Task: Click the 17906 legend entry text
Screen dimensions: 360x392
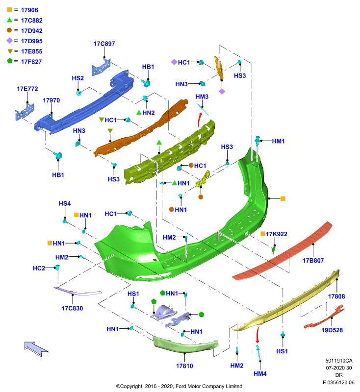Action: click(29, 10)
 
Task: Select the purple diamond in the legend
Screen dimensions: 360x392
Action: click(9, 41)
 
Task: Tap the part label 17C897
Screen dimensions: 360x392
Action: click(104, 44)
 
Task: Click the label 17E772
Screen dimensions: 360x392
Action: click(27, 89)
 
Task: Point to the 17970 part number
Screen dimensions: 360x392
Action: click(51, 100)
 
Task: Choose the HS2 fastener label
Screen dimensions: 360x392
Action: click(78, 78)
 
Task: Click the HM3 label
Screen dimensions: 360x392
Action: click(202, 97)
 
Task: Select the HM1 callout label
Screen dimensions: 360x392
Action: click(278, 141)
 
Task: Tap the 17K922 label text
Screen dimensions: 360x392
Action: click(277, 234)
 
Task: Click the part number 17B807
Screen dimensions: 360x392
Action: click(313, 261)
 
